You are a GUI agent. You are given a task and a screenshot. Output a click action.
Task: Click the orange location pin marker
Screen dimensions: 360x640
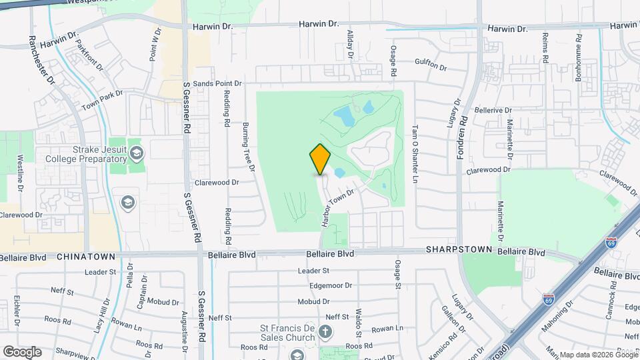[x=321, y=159]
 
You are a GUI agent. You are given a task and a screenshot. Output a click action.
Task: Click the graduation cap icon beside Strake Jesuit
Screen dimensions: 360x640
[x=136, y=154]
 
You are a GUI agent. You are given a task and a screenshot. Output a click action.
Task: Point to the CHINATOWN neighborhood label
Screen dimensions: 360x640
[x=87, y=257]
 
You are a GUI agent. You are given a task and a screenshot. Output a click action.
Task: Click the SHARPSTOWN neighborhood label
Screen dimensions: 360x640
[x=459, y=250]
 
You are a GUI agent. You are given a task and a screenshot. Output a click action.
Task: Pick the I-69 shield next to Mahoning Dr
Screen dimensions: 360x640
[x=549, y=299]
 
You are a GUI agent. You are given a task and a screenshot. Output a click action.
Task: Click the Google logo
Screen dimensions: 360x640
[x=22, y=351]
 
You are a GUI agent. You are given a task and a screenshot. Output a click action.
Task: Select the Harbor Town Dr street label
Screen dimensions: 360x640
[x=338, y=207]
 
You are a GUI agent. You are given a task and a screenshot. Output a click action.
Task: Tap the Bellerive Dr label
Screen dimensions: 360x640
[x=493, y=110]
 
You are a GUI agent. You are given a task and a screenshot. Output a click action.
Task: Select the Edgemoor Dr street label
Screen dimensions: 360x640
[x=331, y=285]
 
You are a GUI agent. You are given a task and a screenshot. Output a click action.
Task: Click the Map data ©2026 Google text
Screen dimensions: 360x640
[x=598, y=355]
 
